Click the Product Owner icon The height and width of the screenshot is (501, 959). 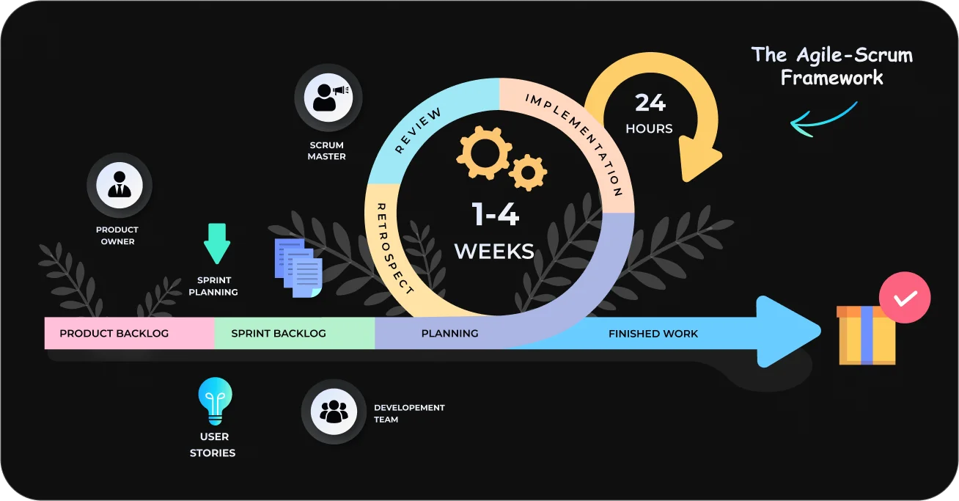tap(119, 185)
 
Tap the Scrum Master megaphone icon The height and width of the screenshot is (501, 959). tap(328, 97)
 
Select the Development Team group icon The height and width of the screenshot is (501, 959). tap(334, 412)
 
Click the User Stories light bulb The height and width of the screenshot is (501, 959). tap(215, 400)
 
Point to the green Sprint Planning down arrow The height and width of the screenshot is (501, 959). tap(217, 244)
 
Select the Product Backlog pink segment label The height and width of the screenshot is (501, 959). tap(114, 333)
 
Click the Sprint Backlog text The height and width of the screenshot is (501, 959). tap(279, 333)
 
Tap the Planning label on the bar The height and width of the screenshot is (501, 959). tap(449, 333)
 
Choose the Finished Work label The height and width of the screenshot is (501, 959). tap(653, 334)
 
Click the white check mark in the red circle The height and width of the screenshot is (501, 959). tap(905, 299)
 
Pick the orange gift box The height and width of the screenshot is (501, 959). tap(866, 336)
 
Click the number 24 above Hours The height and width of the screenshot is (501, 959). tap(650, 103)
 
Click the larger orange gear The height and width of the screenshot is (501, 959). tap(482, 153)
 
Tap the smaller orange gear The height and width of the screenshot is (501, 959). tap(528, 172)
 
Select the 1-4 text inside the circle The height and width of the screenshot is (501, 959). tap(495, 214)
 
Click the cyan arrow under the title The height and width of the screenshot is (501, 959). tap(823, 120)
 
